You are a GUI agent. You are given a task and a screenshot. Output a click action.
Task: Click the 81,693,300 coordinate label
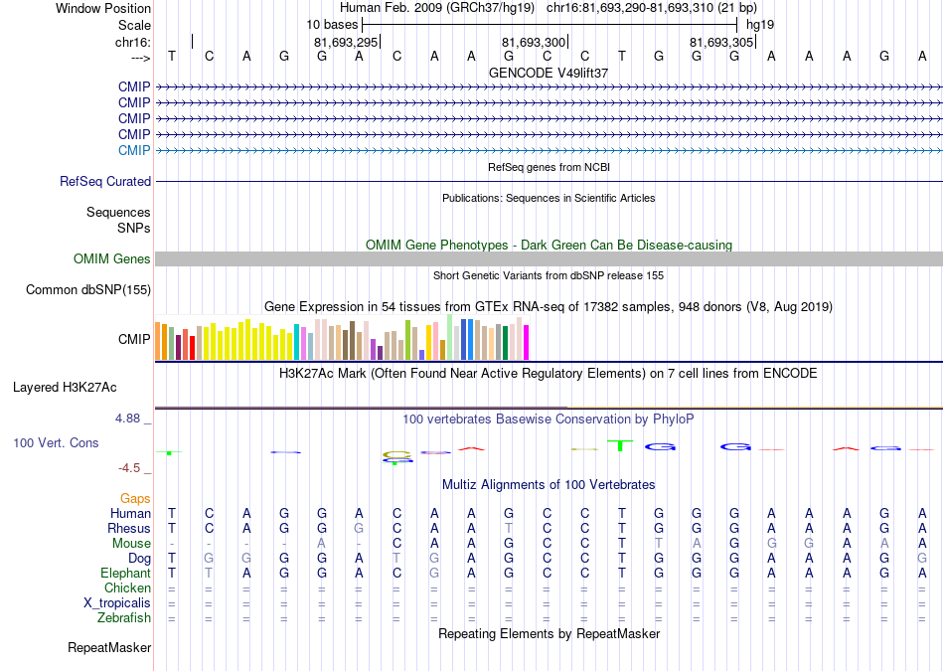[534, 42]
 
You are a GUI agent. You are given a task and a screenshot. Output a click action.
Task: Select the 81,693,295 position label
[346, 42]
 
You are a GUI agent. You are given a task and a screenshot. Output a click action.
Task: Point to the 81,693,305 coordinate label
[721, 42]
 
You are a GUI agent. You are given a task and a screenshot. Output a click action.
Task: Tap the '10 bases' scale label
[332, 25]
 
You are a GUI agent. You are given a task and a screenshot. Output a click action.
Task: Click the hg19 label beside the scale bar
[760, 25]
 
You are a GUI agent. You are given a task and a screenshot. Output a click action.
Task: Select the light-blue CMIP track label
[134, 150]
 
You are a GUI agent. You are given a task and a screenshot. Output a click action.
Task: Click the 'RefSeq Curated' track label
[105, 181]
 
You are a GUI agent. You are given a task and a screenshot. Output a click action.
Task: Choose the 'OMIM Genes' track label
[112, 259]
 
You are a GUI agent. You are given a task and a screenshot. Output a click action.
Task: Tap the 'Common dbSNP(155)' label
[88, 289]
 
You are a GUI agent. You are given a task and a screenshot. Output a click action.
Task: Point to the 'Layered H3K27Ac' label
[65, 388]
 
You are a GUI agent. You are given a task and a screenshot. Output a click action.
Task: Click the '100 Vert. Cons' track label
[56, 442]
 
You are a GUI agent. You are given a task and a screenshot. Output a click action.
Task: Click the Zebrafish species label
[124, 618]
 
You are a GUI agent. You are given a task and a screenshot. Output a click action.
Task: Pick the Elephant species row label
[125, 573]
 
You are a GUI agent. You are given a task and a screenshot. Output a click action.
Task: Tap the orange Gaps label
[135, 499]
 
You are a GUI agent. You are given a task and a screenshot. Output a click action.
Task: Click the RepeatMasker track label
[109, 647]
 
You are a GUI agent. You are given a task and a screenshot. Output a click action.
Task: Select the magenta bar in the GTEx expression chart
[527, 343]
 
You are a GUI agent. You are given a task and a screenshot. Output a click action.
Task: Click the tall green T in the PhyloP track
[620, 445]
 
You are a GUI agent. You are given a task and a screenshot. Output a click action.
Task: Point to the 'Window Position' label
[103, 8]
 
